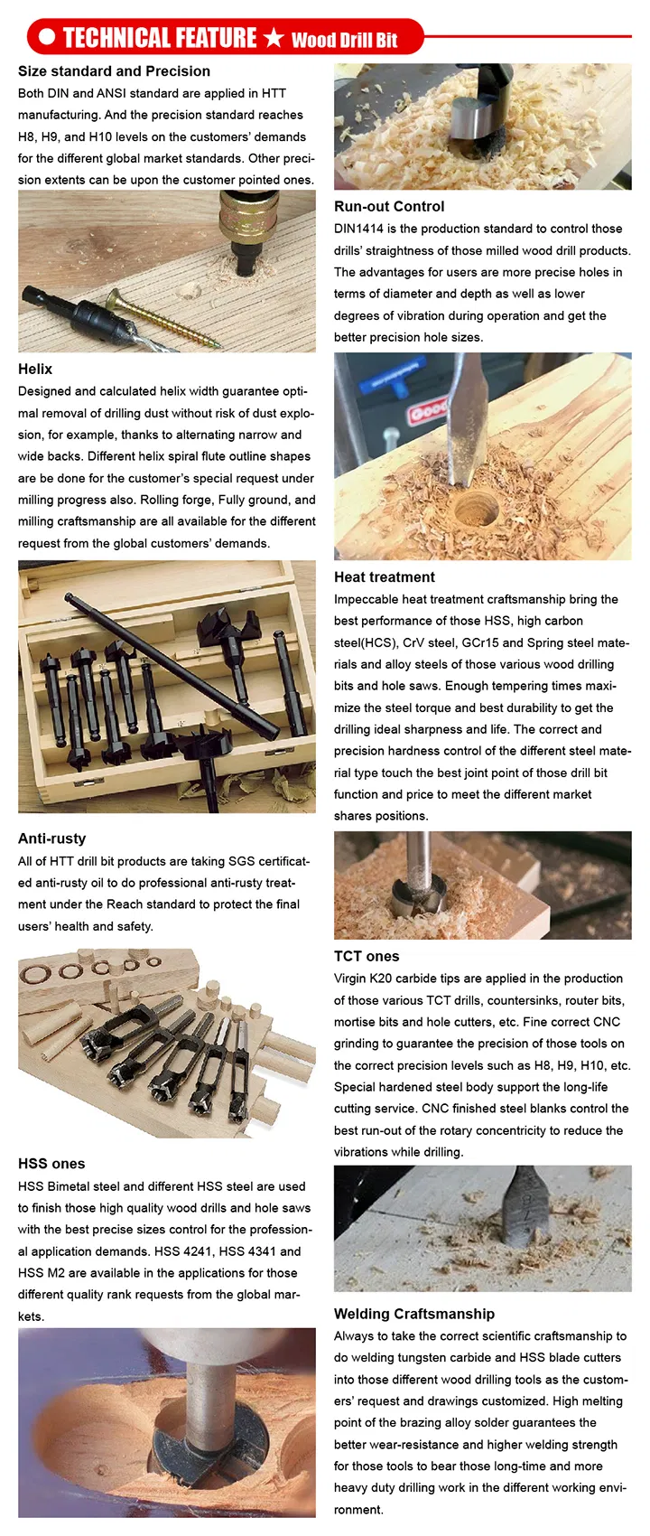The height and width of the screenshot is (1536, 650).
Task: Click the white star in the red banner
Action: click(x=274, y=38)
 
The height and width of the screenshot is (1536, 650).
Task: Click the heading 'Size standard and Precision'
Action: click(x=114, y=71)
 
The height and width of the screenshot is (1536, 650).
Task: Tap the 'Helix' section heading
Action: click(x=35, y=369)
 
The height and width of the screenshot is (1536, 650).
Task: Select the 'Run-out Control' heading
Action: click(x=389, y=206)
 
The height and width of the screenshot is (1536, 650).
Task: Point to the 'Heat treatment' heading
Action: click(x=384, y=576)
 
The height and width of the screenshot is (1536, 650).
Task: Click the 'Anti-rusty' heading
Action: click(x=51, y=838)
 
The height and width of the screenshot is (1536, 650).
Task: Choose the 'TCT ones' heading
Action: click(x=366, y=956)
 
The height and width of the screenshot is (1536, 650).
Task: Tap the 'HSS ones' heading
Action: click(x=51, y=1164)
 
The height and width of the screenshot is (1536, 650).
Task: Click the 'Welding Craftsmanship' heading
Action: click(x=413, y=1314)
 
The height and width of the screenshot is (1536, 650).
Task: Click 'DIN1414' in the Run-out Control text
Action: click(x=358, y=229)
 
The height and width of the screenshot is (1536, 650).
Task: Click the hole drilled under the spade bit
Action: click(x=476, y=510)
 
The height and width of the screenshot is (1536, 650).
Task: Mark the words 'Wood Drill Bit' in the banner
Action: click(x=344, y=40)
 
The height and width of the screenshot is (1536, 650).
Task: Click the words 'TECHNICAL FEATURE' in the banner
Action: click(x=160, y=38)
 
